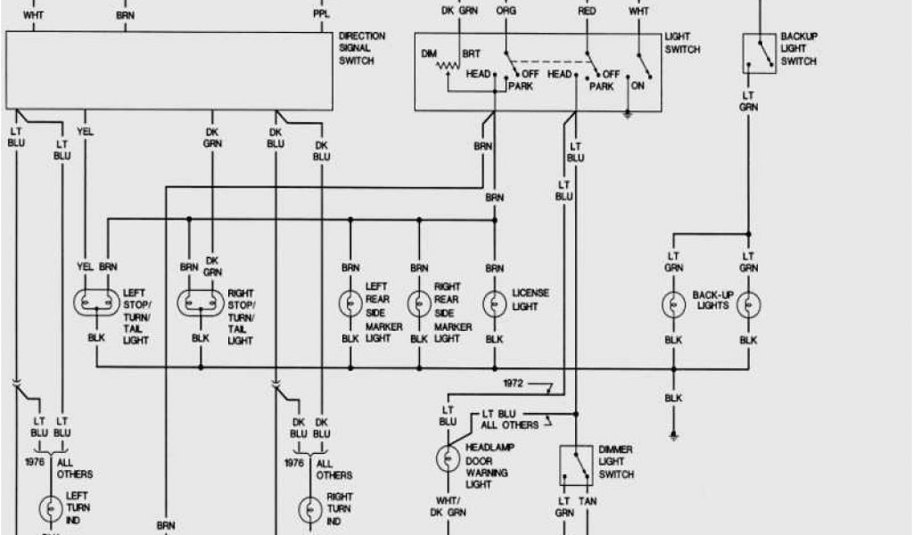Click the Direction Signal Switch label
[x=362, y=48]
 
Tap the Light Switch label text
[x=683, y=43]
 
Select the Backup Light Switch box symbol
[x=758, y=53]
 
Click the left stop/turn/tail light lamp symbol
[x=95, y=304]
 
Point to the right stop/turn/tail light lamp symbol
[x=200, y=304]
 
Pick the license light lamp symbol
[x=494, y=304]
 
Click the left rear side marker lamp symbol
[x=350, y=304]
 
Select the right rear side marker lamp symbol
[x=418, y=304]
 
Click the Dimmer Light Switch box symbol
[x=576, y=465]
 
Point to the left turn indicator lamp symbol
[x=50, y=510]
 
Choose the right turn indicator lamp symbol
[x=309, y=510]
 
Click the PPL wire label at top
[x=320, y=15]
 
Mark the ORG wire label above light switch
[x=506, y=11]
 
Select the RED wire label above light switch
[x=587, y=11]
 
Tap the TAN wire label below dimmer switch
[x=588, y=502]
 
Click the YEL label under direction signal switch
[x=86, y=131]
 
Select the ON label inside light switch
[x=637, y=86]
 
